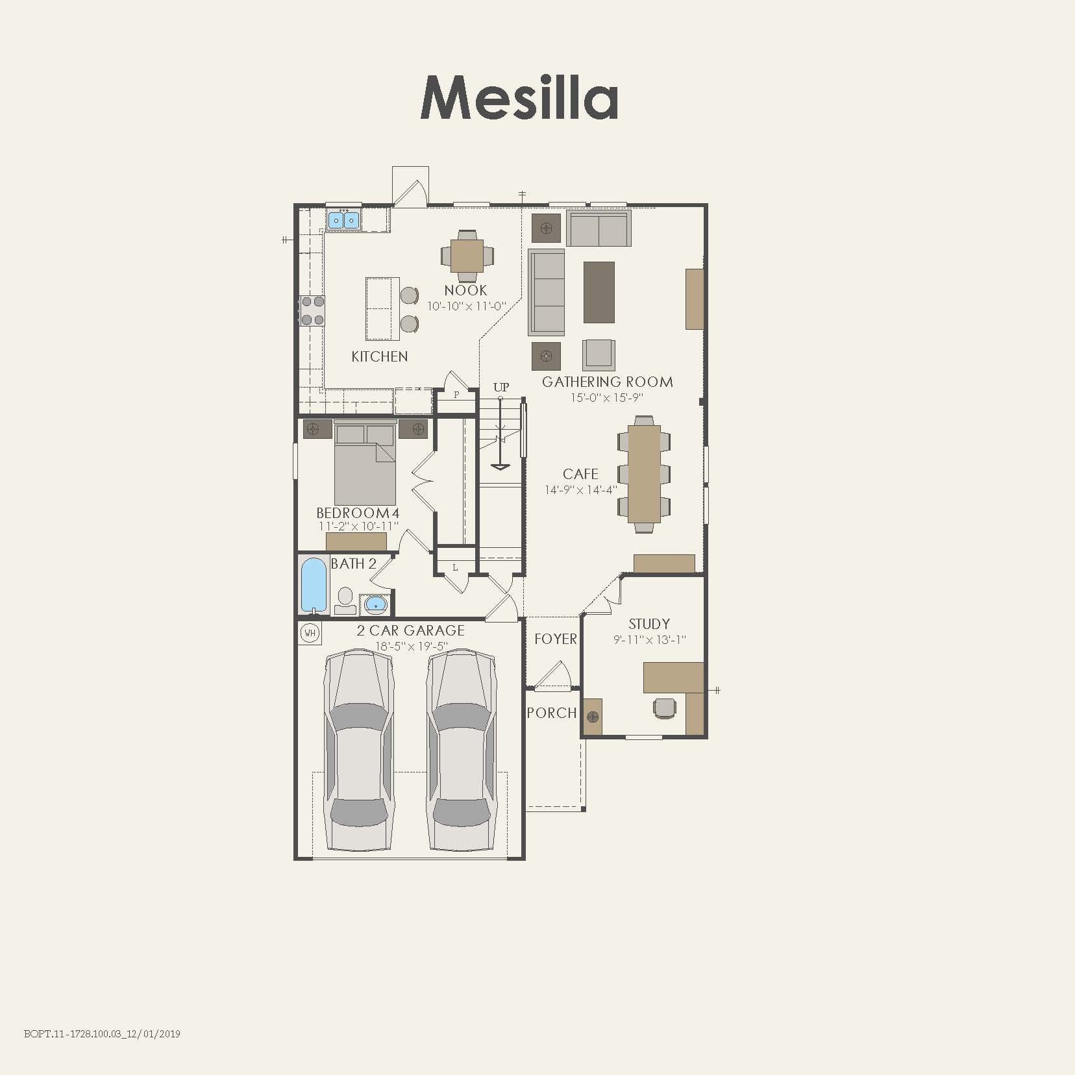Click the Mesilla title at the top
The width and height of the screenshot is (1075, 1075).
click(519, 98)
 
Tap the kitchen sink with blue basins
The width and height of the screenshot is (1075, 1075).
click(343, 220)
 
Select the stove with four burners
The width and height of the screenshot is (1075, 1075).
click(312, 310)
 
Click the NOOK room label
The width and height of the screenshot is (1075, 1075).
click(465, 290)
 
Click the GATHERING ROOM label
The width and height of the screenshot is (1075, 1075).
click(607, 382)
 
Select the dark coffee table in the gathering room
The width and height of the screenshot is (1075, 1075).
click(599, 292)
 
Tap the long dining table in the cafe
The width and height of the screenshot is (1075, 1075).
click(644, 474)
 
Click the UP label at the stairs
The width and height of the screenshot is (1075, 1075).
click(500, 388)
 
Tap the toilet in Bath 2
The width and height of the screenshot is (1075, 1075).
click(345, 600)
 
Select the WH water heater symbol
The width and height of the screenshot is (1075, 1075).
click(310, 632)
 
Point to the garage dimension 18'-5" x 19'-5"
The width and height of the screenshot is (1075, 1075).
click(411, 646)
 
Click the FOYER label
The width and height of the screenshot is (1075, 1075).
click(555, 639)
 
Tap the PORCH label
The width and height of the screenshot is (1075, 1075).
click(551, 713)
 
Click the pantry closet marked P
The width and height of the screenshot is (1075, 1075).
click(456, 395)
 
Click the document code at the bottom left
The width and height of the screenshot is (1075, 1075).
click(102, 1033)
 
